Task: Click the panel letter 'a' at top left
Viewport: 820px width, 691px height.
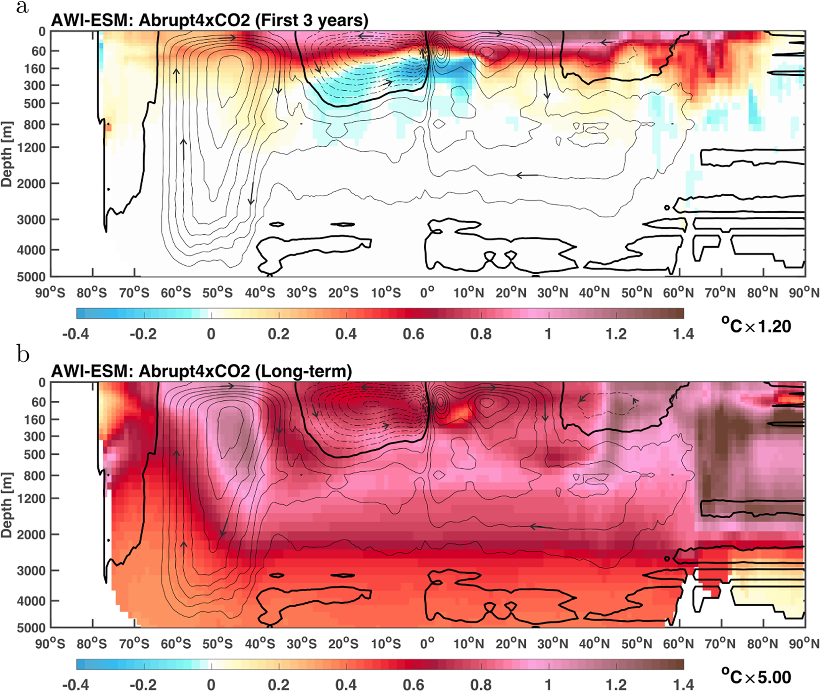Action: (22, 8)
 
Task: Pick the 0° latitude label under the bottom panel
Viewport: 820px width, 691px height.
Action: (427, 644)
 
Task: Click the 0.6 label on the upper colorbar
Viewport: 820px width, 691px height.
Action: (414, 334)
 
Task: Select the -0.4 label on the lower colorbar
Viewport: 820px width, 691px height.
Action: (75, 685)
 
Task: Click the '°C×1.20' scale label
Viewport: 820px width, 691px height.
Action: (756, 326)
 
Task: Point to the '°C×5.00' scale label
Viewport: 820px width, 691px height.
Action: (756, 677)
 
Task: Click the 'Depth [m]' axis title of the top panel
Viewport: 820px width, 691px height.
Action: (7, 154)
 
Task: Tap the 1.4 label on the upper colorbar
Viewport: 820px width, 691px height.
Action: (683, 334)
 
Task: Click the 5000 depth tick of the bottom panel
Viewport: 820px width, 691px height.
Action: (31, 628)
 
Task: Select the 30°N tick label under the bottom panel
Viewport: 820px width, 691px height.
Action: (553, 644)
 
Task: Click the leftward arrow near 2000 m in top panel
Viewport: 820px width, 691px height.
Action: (527, 175)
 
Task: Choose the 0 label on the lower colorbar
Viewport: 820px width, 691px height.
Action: (211, 685)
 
